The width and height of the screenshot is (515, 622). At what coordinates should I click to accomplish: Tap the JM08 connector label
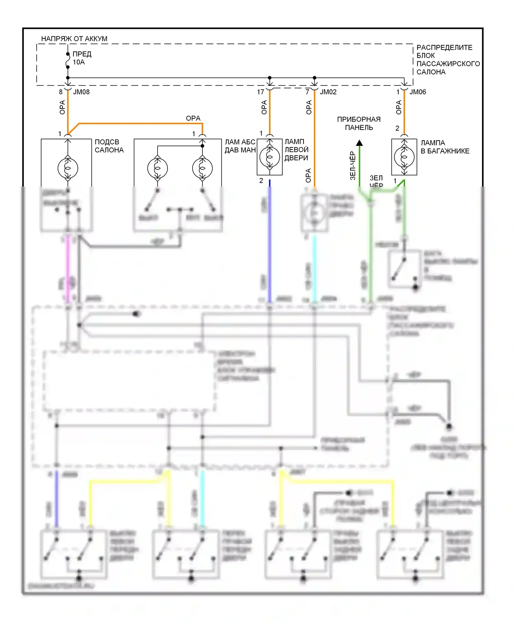[x=81, y=92]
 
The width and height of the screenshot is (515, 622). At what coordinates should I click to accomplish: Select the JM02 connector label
[x=328, y=92]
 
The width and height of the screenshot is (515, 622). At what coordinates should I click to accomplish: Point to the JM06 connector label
[x=418, y=92]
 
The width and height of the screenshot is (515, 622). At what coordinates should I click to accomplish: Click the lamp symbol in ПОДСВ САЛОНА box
[x=68, y=168]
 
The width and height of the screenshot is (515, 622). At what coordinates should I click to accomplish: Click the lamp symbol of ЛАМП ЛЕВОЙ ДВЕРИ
[x=270, y=157]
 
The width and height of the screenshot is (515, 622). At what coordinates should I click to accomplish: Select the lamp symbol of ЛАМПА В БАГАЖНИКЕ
[x=404, y=157]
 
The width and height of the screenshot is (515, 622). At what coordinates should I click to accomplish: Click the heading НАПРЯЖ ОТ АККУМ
[x=74, y=39]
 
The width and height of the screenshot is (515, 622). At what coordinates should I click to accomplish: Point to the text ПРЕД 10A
[x=82, y=58]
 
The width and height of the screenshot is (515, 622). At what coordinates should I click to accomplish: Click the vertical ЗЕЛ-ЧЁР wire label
[x=353, y=166]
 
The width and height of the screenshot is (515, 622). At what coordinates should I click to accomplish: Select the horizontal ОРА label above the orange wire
[x=193, y=118]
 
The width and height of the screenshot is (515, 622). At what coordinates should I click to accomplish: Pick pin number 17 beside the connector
[x=261, y=92]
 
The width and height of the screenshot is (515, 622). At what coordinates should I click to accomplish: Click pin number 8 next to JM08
[x=61, y=92]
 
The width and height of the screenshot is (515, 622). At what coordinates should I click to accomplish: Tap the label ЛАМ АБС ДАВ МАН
[x=240, y=146]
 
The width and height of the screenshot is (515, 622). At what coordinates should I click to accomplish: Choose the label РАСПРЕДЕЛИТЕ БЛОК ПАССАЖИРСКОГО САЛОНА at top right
[x=447, y=60]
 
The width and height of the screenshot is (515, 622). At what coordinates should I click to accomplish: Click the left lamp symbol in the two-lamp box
[x=158, y=168]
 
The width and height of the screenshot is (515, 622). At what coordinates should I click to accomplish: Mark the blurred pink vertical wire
[x=68, y=267]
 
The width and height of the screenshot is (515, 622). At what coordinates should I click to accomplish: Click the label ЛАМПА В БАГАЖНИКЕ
[x=445, y=147]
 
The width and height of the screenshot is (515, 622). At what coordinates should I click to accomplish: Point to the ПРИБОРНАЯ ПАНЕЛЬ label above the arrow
[x=359, y=123]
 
